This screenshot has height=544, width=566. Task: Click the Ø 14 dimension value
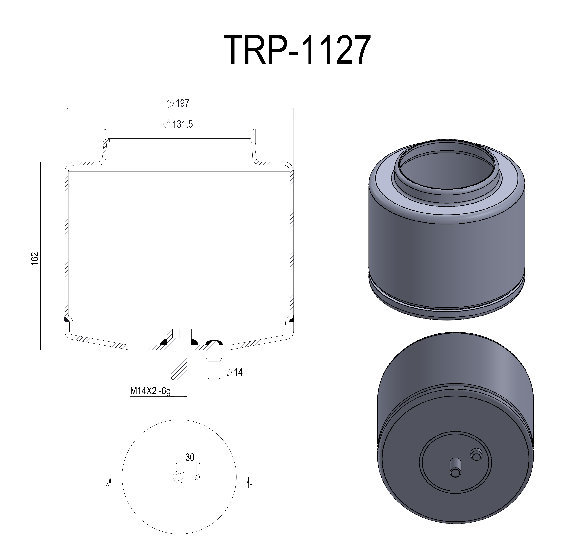238,373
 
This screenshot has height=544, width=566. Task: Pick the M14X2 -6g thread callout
150,391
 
